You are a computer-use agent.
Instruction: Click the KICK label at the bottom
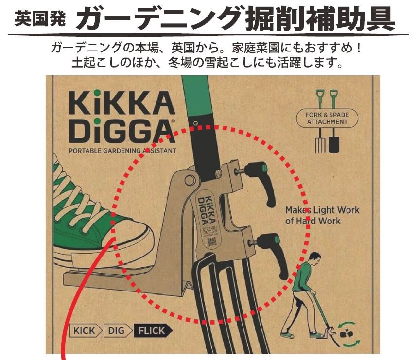[85, 331]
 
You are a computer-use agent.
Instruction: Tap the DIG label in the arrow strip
[116, 331]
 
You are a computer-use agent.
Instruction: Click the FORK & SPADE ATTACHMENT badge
[327, 118]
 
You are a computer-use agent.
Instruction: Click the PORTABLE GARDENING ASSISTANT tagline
[122, 151]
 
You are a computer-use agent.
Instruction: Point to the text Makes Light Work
[322, 210]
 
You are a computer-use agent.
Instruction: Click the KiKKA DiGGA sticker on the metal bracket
[208, 214]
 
